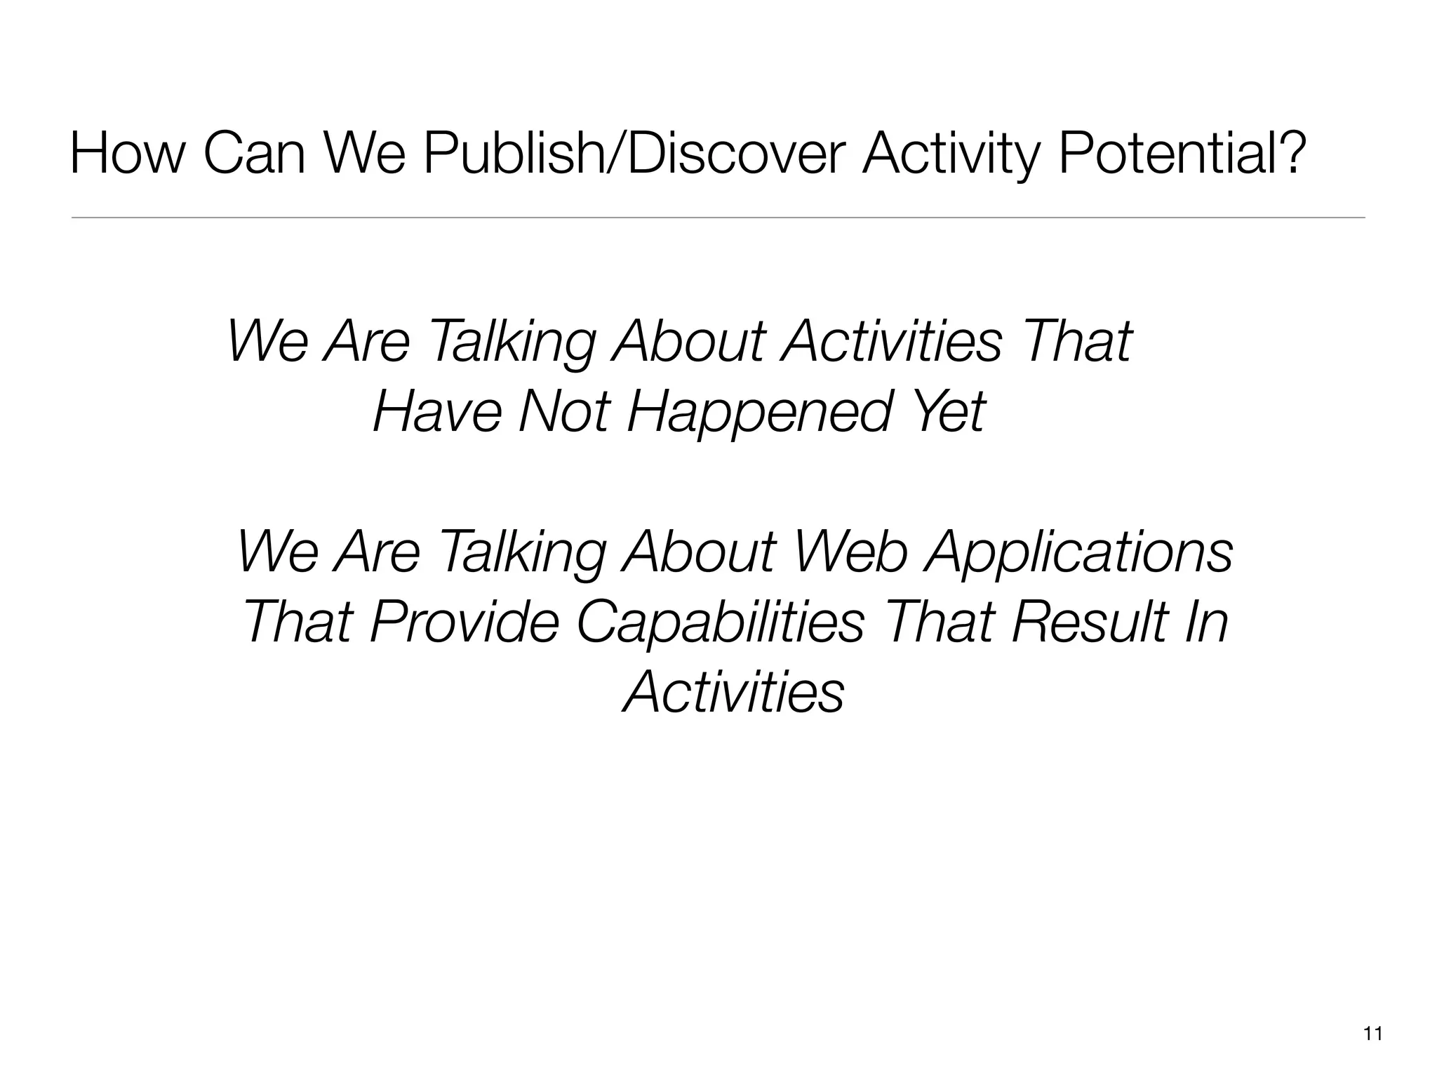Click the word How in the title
click(125, 155)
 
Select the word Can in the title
click(254, 155)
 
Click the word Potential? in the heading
click(1182, 155)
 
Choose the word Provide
click(464, 622)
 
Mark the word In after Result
click(1205, 622)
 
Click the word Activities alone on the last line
click(733, 692)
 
